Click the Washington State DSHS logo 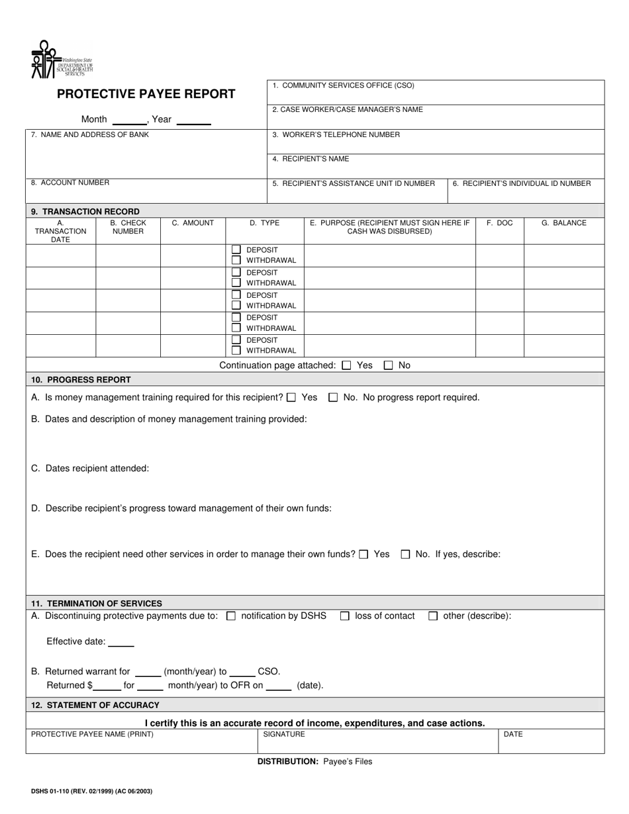point(62,60)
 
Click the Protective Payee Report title point(146,94)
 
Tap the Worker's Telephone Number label point(336,135)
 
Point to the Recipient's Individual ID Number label point(522,183)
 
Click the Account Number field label point(70,183)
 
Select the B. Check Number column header point(128,228)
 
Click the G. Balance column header point(563,223)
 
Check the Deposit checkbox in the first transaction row point(236,250)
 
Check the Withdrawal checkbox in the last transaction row point(236,351)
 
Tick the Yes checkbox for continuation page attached point(347,365)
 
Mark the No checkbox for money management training point(334,398)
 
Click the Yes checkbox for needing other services point(363,555)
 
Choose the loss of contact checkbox point(345,616)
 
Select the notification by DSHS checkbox point(231,616)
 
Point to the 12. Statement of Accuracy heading point(95,705)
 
